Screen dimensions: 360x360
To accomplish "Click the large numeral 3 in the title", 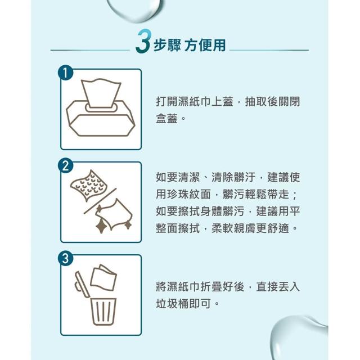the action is pos(143,41).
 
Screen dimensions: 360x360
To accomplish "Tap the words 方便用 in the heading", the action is pos(205,45).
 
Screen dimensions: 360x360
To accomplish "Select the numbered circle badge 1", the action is pos(65,73).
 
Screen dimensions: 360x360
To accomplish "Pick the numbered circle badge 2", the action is pos(65,166).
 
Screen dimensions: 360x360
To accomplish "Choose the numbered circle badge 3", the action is pos(65,258).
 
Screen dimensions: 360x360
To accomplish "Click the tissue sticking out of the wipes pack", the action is pos(101,93).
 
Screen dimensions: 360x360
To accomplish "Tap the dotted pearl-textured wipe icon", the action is pos(89,186).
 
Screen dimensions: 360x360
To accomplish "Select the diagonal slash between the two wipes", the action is pos(100,201).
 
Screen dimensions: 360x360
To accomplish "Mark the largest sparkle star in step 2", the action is pos(101,226).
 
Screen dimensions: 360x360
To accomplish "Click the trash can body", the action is pos(103,312).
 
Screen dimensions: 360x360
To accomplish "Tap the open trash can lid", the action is pos(82,285).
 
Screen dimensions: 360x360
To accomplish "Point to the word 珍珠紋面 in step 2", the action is pos(183,194).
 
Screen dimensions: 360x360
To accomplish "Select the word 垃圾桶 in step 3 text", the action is pos(172,304).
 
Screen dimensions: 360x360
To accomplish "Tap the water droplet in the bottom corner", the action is pos(299,337).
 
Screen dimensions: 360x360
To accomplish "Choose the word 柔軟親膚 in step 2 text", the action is pos(233,228).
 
